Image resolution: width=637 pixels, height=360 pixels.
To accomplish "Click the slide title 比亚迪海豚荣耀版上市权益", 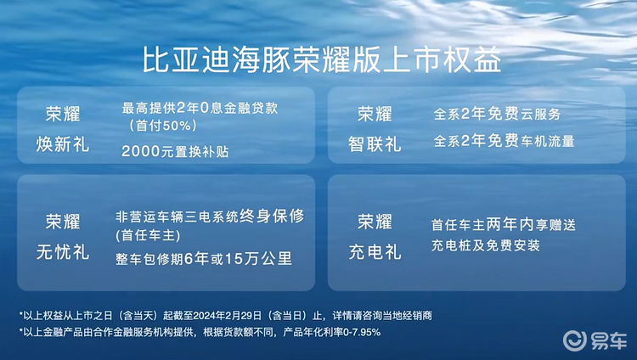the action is (x=322, y=60).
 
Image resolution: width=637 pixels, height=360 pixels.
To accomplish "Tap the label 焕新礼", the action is (x=63, y=144).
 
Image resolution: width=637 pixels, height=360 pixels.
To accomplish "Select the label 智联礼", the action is (x=375, y=144).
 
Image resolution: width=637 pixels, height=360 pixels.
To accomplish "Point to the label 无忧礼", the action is (x=63, y=252).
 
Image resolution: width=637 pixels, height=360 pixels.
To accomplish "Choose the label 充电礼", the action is (x=375, y=252).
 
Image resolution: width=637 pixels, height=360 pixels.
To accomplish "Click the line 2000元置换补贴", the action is (x=175, y=152).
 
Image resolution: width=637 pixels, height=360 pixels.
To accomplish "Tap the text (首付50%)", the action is (x=162, y=126).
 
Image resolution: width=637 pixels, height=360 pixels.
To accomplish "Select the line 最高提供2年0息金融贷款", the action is (x=200, y=108).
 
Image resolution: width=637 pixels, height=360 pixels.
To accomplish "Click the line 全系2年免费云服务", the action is (x=497, y=114).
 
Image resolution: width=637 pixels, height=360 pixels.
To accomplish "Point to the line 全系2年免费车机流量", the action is (x=504, y=141).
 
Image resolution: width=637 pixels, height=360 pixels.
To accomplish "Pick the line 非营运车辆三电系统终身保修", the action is (x=210, y=217).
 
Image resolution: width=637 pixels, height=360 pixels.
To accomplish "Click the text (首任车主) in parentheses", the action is (x=148, y=236).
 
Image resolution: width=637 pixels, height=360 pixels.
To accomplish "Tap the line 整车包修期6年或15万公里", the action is (x=204, y=259).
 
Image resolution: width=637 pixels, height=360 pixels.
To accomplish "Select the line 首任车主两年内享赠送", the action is (x=504, y=225).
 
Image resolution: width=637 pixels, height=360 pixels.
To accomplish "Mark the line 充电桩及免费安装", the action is (x=486, y=245).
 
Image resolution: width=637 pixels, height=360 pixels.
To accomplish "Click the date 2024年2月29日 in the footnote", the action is (x=228, y=316).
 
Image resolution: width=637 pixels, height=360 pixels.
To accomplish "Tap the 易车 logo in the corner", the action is (x=595, y=340).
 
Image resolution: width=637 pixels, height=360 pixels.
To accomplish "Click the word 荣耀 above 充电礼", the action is (x=375, y=222).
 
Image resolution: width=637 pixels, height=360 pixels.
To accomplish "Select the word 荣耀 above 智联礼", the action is (x=375, y=114).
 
